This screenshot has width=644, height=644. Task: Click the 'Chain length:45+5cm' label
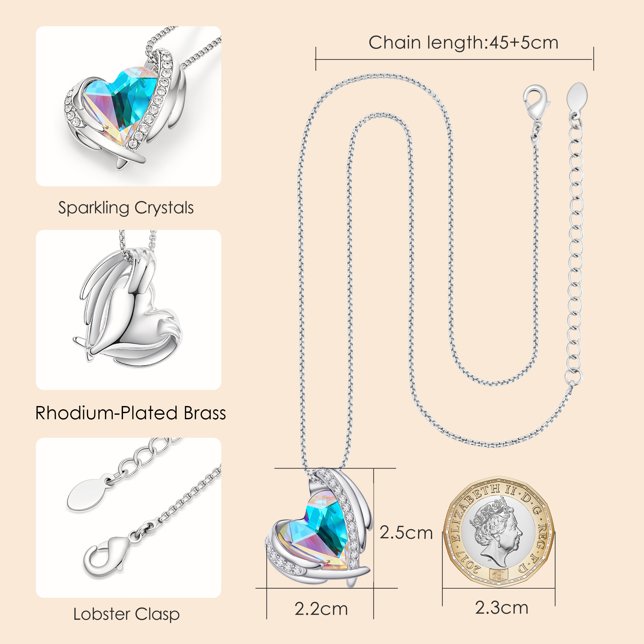tap(463, 43)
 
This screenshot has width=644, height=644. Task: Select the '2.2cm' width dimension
tap(321, 609)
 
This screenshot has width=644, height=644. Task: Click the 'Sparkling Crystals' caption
tap(126, 208)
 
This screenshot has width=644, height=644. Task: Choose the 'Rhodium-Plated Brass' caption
tap(131, 413)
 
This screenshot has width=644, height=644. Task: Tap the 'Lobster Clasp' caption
tap(126, 614)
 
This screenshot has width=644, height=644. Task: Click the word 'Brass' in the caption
tap(205, 413)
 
